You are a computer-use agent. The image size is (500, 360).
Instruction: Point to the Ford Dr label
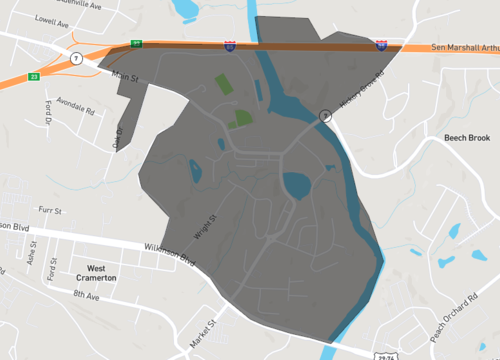click(x=47, y=114)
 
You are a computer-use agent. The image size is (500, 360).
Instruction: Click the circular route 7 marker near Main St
click(x=76, y=58)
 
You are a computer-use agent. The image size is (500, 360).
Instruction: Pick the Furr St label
click(x=50, y=212)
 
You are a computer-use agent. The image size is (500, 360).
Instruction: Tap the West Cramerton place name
click(x=102, y=273)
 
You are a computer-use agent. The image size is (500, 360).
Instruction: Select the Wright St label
click(x=211, y=220)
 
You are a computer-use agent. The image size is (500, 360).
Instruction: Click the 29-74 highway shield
click(x=386, y=353)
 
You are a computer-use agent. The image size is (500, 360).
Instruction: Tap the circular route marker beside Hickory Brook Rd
click(x=325, y=116)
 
